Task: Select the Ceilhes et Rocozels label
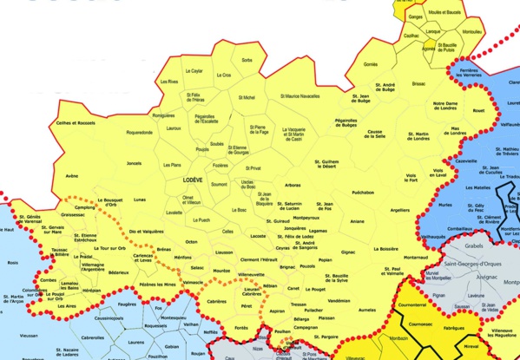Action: point(76,123)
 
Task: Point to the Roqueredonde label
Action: point(138,133)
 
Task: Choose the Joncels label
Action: point(134,163)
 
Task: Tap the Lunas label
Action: point(140,200)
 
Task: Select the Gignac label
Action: point(348,252)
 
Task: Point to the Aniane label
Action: point(357,221)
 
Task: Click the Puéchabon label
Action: point(364,193)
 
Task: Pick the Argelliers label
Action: point(399,210)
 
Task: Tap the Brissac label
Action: point(419,84)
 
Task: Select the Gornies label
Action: point(371,64)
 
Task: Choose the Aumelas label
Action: point(368,309)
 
